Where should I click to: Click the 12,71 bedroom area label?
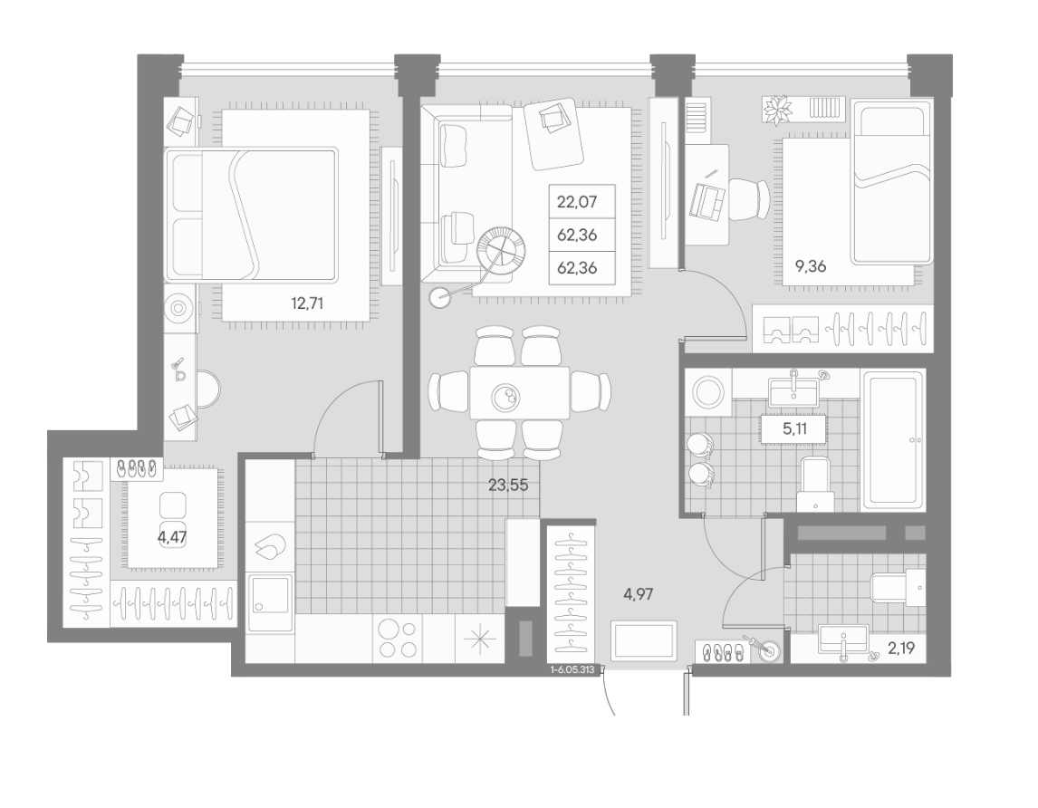tap(307, 304)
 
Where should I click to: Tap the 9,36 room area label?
tap(811, 267)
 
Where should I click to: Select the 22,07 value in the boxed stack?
tap(577, 201)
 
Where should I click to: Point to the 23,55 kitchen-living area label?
tap(508, 485)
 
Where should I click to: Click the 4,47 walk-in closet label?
tap(172, 536)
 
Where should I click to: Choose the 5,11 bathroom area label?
tap(794, 428)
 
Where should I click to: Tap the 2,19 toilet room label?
tap(901, 649)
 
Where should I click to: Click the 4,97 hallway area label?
tap(639, 594)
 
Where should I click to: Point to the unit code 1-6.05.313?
tap(572, 669)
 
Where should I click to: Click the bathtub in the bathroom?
tap(892, 439)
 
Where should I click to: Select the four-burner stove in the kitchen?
tap(398, 639)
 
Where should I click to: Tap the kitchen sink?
tap(271, 602)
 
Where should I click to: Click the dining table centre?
tap(519, 393)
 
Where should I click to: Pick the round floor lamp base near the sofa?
tap(439, 297)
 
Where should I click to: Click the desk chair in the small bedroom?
tap(749, 199)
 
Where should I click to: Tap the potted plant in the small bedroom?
tap(778, 111)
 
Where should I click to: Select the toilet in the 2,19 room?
tap(899, 587)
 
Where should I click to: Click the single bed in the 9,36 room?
tap(891, 182)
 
